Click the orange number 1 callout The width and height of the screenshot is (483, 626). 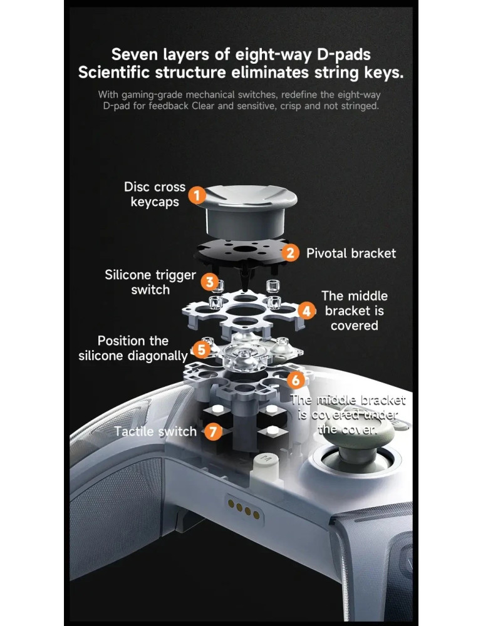pyautogui.click(x=197, y=195)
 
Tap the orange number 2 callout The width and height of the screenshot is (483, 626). pyautogui.click(x=290, y=253)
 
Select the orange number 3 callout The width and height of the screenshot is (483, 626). pyautogui.click(x=209, y=282)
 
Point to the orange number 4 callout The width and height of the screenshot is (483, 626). pyautogui.click(x=306, y=310)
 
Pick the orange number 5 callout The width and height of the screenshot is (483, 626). pyautogui.click(x=202, y=349)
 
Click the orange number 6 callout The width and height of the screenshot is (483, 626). pyautogui.click(x=296, y=380)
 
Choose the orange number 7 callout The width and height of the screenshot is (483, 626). pyautogui.click(x=214, y=431)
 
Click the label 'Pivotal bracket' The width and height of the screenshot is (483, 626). pyautogui.click(x=351, y=253)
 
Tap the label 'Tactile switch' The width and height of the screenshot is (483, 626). pyautogui.click(x=155, y=431)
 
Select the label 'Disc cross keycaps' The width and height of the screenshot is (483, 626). pyautogui.click(x=155, y=195)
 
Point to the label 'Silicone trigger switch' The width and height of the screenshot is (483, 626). pyautogui.click(x=150, y=282)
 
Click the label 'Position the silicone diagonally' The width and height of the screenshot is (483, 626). pyautogui.click(x=133, y=348)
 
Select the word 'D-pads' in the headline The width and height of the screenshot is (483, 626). pyautogui.click(x=344, y=54)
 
